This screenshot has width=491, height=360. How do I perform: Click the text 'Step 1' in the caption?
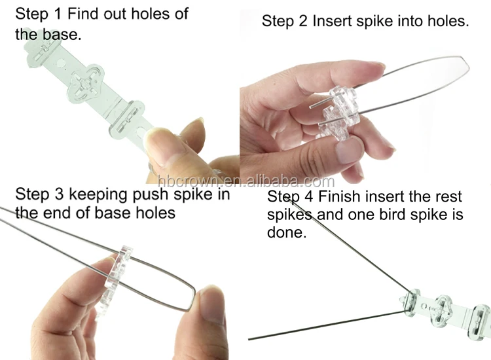(38, 14)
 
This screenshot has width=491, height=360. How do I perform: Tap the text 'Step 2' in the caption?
(285, 21)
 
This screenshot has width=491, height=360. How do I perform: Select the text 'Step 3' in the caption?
(38, 194)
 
